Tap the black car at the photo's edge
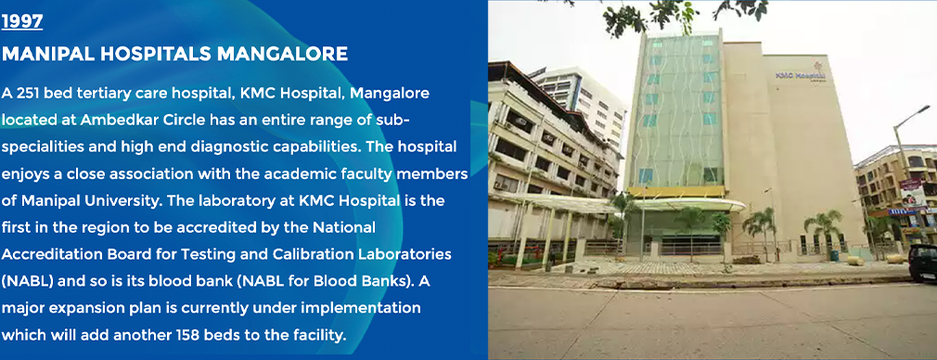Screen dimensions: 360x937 [923, 263]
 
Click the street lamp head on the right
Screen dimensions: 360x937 [921, 110]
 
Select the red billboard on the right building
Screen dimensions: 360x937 [913, 194]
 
